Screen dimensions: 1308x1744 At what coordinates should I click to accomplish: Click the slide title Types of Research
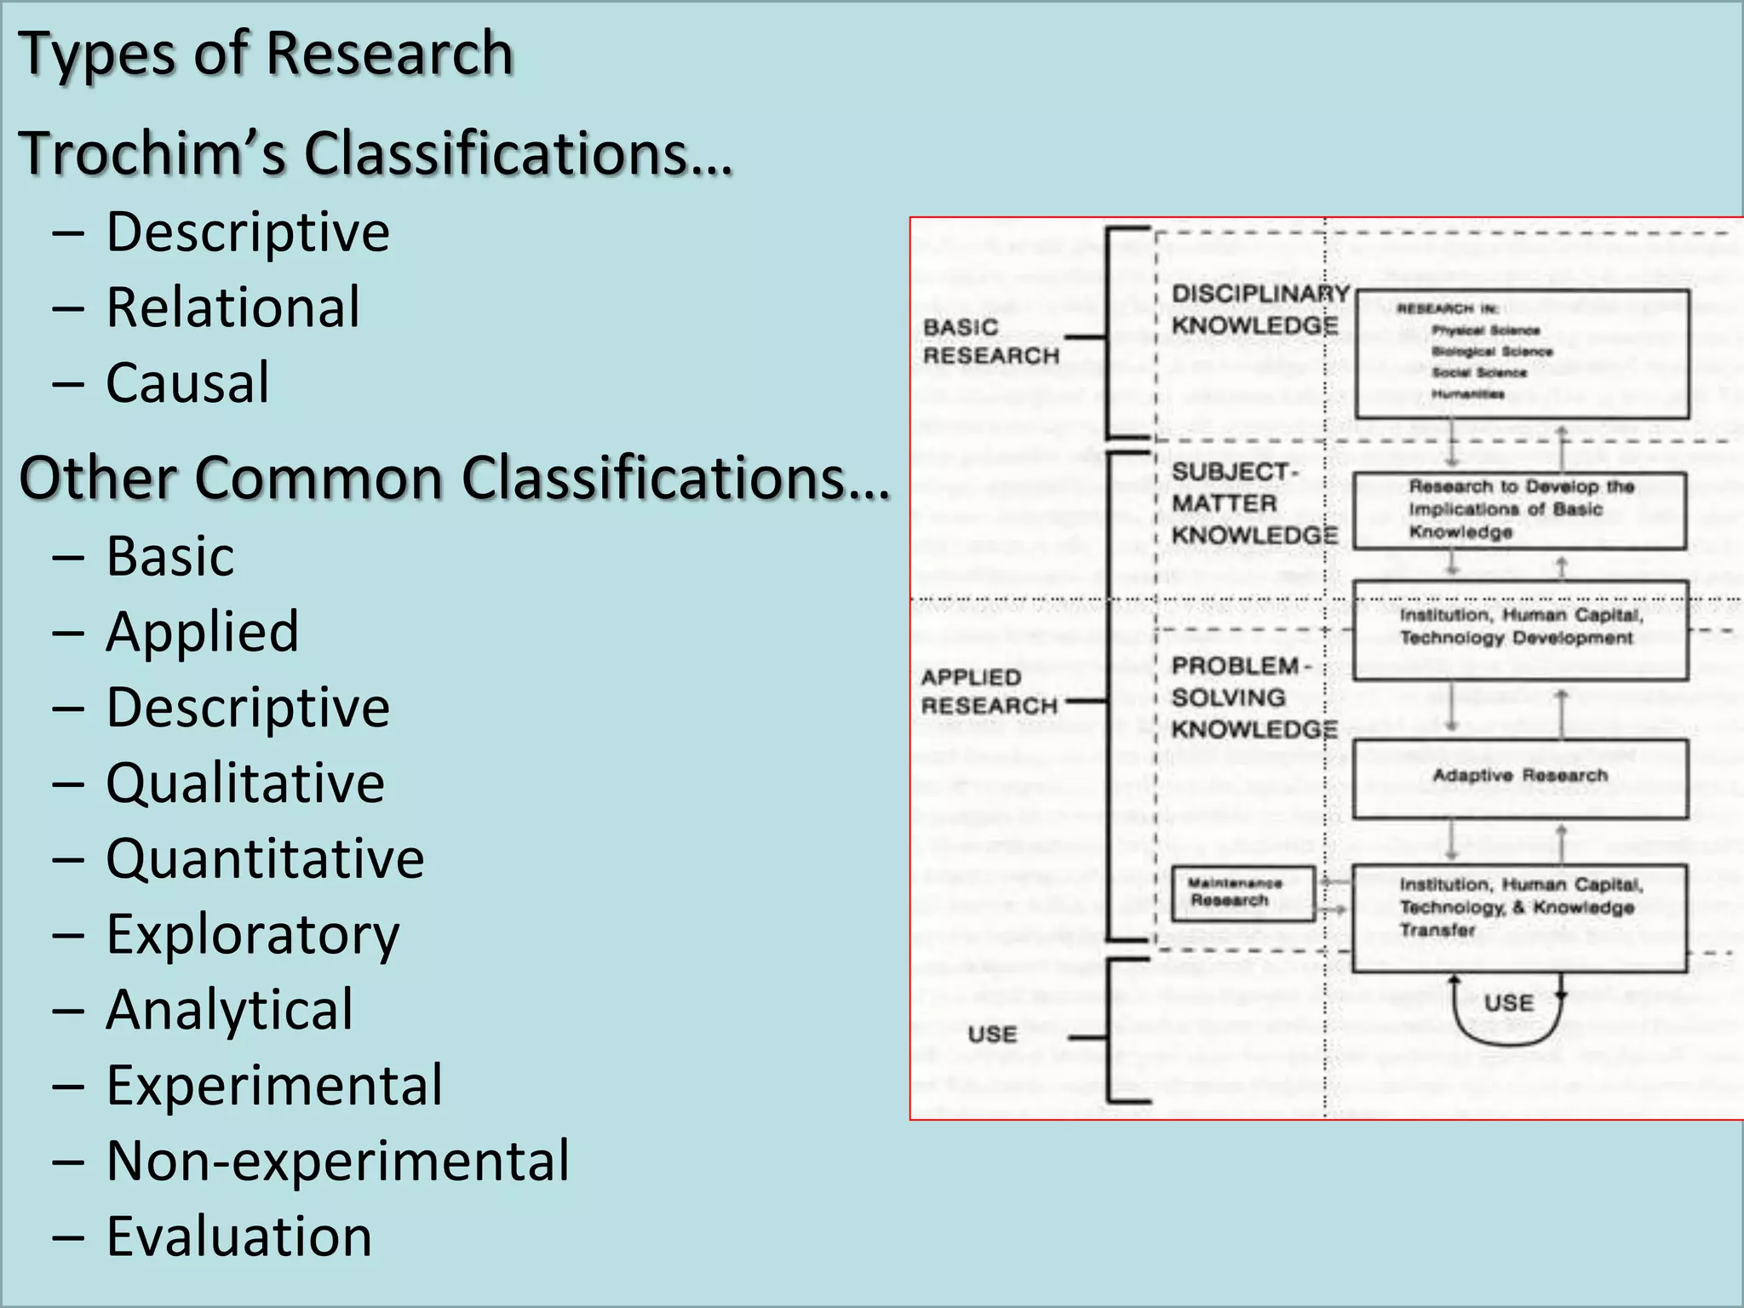tap(266, 53)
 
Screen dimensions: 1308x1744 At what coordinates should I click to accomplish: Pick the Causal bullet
tap(187, 382)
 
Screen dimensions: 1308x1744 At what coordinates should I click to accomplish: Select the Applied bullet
tap(202, 632)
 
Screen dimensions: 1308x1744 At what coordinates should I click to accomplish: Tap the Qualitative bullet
tap(244, 783)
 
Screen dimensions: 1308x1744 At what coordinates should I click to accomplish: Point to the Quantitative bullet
tap(264, 858)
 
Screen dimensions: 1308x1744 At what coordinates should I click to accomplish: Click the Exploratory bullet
tap(252, 934)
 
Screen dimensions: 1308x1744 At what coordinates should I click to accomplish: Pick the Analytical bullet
tap(229, 1010)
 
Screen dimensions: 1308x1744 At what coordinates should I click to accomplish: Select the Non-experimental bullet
tap(337, 1161)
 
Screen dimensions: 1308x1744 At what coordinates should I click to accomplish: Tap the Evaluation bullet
tap(238, 1236)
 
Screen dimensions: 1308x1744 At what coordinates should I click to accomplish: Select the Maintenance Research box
tap(1243, 893)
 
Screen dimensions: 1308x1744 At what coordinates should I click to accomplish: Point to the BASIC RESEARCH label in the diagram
tap(990, 341)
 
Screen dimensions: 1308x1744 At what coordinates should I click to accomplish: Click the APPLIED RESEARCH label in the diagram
tap(989, 691)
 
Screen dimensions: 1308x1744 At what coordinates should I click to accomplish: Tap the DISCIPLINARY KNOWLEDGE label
tap(1259, 310)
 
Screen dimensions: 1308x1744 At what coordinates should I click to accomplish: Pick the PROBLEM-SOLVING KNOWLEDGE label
tap(1253, 697)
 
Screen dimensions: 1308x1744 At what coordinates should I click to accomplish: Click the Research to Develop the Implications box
tap(1520, 510)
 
